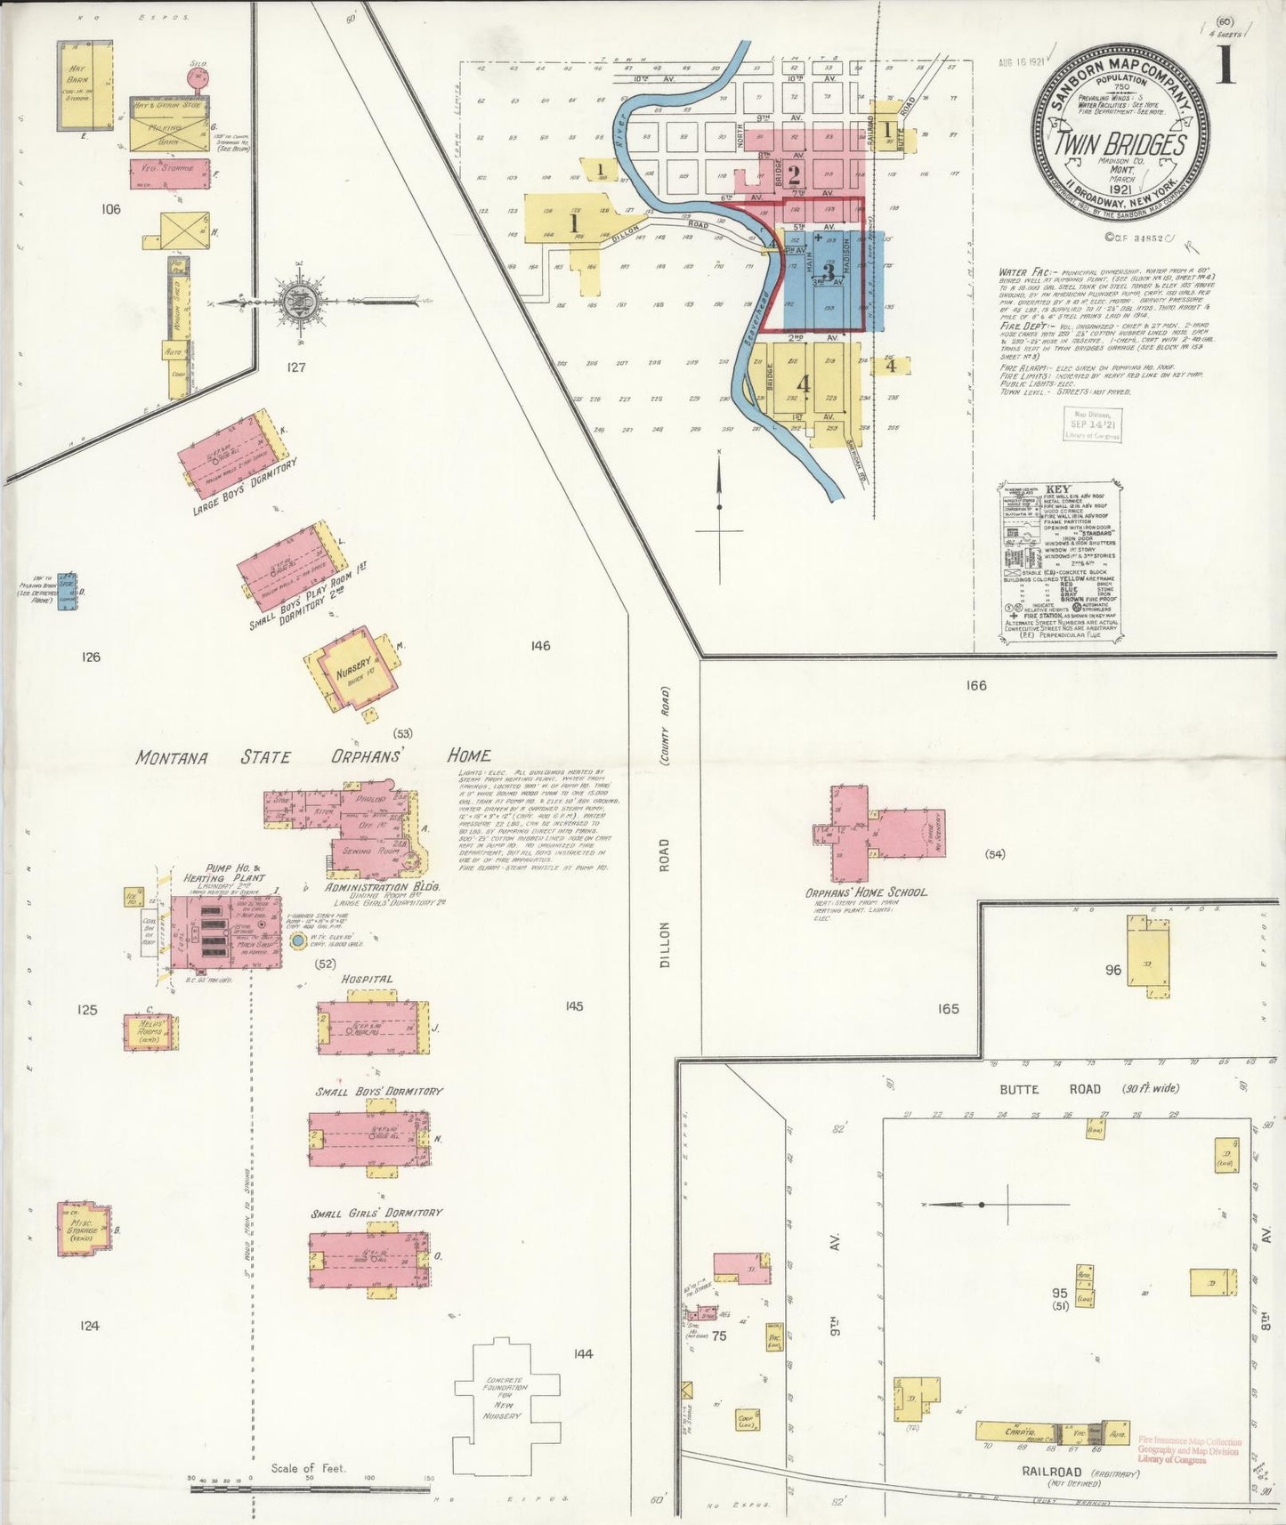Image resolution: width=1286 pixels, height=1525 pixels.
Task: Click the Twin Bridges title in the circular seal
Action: point(1120,145)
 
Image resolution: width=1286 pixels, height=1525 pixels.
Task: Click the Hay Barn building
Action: point(85,85)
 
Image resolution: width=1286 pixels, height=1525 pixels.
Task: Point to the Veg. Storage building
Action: point(169,173)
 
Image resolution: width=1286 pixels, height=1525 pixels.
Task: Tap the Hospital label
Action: point(367,980)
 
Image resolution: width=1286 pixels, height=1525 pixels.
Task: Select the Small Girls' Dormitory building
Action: point(369,1259)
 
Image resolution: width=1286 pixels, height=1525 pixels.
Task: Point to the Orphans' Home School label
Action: point(865,892)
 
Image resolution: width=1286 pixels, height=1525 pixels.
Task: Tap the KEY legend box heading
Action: point(1058,490)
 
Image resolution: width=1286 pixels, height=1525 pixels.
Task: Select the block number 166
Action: point(976,685)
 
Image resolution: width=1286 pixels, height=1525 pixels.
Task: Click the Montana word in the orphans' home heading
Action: point(172,758)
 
